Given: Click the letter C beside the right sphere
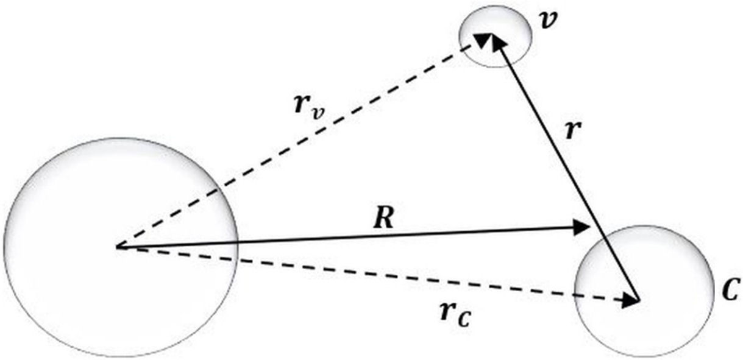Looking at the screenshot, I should [727, 291].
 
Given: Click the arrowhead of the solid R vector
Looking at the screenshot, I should [584, 228].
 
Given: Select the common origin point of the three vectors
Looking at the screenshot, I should [118, 247].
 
